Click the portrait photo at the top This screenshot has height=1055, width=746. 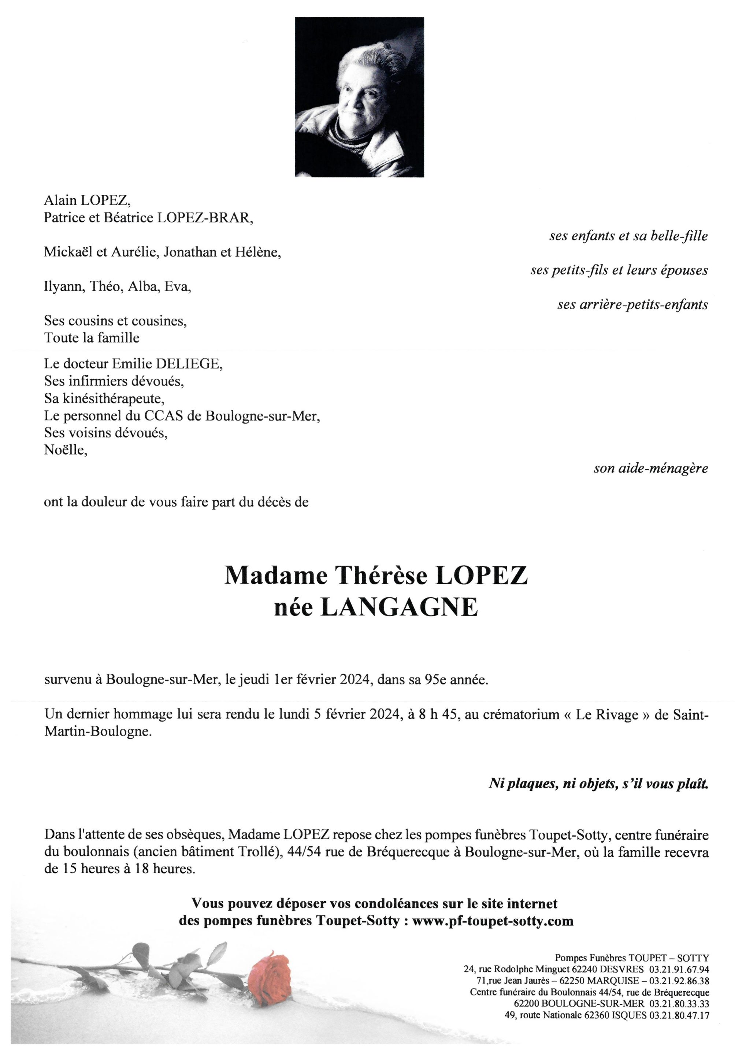(x=359, y=97)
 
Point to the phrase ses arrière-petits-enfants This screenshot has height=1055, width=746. (x=632, y=305)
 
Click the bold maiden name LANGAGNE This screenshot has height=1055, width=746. (x=399, y=608)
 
